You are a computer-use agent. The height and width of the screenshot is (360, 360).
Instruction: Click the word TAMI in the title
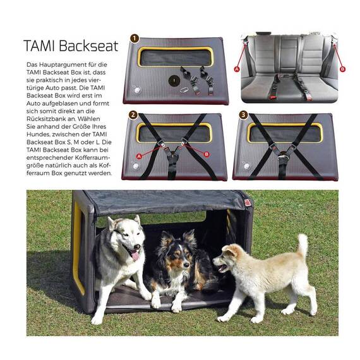pos(40,45)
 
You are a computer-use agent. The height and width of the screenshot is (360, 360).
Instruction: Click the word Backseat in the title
pos(88,45)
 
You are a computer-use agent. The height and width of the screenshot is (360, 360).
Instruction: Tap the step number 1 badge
pos(135,39)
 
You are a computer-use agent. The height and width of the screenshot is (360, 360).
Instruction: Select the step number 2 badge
pos(133,115)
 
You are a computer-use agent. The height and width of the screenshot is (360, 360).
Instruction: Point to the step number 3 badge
pos(243,114)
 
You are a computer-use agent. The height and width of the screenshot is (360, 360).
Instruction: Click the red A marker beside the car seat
pos(237,69)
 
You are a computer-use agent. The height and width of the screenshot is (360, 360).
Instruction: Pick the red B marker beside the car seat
pos(342,69)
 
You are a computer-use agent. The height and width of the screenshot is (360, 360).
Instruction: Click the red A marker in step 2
pos(139,157)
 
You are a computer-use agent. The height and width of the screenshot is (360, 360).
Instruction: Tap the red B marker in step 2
pos(207,154)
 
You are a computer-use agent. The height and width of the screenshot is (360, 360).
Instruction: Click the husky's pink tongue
pos(135,255)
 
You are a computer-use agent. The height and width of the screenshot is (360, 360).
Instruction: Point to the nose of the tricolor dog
pos(186,265)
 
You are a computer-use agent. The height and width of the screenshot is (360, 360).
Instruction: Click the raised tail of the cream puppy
pos(303,245)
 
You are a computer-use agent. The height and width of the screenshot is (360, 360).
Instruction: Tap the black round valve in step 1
pos(174,80)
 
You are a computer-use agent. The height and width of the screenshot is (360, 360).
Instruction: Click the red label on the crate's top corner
pos(248,203)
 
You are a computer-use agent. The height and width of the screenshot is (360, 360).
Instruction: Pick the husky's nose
pos(137,247)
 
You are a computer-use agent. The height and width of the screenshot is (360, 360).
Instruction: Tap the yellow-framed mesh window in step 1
pos(176,57)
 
